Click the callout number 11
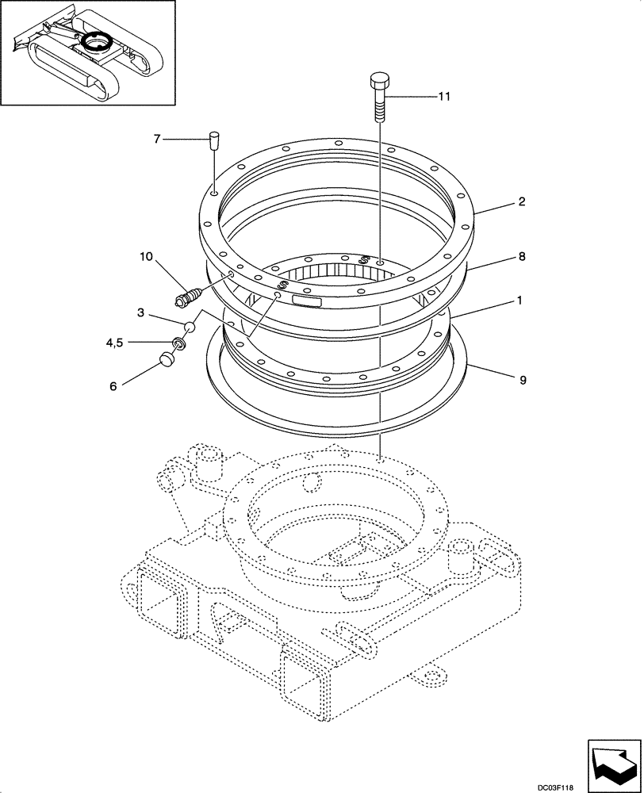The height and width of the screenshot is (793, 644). (443, 96)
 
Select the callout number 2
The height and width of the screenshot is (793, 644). (522, 202)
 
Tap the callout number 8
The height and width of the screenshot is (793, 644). (522, 257)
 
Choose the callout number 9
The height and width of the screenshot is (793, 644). (522, 381)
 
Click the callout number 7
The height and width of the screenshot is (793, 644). (157, 140)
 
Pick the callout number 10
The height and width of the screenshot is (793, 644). (145, 257)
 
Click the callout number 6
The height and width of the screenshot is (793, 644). (113, 385)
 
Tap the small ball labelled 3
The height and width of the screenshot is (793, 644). (190, 326)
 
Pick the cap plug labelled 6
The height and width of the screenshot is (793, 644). (167, 360)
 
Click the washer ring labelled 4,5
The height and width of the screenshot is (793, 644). (180, 345)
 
